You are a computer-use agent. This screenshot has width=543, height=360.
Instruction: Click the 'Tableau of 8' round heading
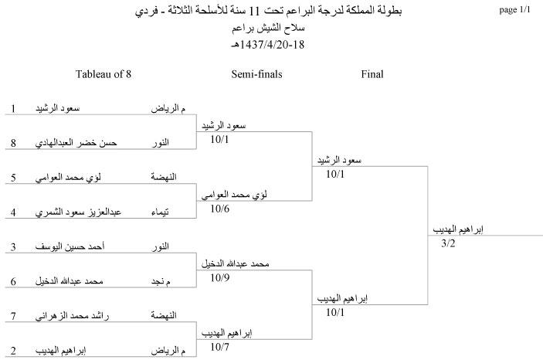click(x=104, y=74)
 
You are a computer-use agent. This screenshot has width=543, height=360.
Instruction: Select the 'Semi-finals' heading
click(x=256, y=74)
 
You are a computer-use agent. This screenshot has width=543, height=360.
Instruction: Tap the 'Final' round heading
click(x=372, y=74)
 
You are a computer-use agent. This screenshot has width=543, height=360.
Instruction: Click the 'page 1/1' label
click(x=514, y=10)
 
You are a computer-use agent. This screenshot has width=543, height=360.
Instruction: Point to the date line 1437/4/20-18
click(x=268, y=45)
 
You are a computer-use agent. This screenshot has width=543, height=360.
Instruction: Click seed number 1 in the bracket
click(x=13, y=108)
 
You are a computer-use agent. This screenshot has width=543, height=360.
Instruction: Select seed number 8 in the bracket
click(x=13, y=143)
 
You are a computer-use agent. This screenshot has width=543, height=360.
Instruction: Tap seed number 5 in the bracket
click(x=13, y=178)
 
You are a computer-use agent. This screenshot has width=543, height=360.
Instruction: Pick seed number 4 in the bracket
click(x=13, y=212)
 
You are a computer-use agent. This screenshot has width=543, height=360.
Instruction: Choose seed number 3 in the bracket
click(x=13, y=246)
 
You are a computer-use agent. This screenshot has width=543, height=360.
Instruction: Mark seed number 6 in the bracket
click(x=13, y=281)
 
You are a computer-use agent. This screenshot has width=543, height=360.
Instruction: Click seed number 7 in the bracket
click(x=13, y=316)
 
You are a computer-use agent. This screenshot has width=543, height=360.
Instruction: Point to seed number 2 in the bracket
click(x=13, y=351)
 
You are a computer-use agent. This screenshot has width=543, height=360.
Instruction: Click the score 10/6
click(x=219, y=209)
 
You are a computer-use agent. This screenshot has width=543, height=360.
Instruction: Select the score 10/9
click(x=219, y=277)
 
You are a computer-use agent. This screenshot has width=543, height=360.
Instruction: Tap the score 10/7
click(x=219, y=347)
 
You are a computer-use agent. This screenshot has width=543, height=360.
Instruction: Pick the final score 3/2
click(x=448, y=243)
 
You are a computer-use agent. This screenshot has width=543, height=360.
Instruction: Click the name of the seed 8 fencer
click(x=76, y=142)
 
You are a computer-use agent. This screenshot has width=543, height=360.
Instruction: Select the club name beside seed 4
click(x=160, y=212)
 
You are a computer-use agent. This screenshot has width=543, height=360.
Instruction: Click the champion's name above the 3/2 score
click(x=458, y=229)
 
